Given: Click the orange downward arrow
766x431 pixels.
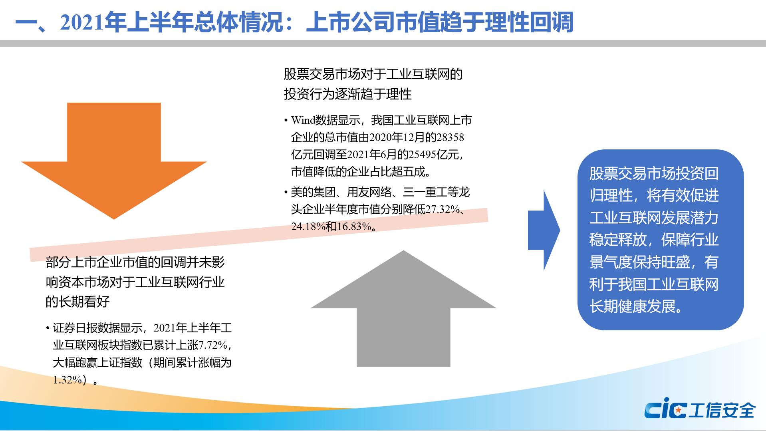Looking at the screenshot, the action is (x=114, y=160).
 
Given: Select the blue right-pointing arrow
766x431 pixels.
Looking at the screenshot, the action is (x=544, y=230).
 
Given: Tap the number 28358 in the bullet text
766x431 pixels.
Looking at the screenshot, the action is (x=450, y=137).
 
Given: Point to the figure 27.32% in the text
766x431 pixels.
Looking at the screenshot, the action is (x=443, y=209).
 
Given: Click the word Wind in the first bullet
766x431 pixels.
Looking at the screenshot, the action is (x=303, y=120).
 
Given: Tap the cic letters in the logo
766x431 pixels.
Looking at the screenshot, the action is (x=665, y=410).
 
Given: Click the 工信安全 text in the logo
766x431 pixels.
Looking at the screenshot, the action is (x=722, y=410).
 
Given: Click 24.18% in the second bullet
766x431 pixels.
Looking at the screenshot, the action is (x=308, y=226).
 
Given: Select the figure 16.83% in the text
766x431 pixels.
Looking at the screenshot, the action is (x=354, y=226).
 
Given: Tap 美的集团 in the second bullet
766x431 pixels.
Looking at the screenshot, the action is (x=313, y=192).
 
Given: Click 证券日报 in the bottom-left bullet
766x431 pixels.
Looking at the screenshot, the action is (x=75, y=328).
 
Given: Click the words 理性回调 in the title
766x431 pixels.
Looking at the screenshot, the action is (x=529, y=22).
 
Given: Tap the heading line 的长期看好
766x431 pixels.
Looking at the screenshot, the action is (x=77, y=302).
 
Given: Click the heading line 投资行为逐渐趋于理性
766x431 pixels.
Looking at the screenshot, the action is (x=347, y=94).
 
